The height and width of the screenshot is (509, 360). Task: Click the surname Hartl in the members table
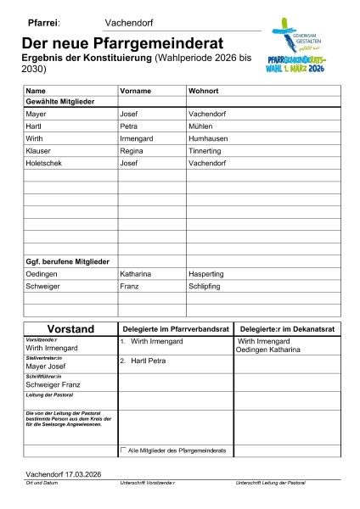tap(35, 125)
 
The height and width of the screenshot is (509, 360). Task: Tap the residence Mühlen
tap(202, 125)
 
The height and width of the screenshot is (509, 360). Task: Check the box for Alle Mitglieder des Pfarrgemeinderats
tap(124, 449)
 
